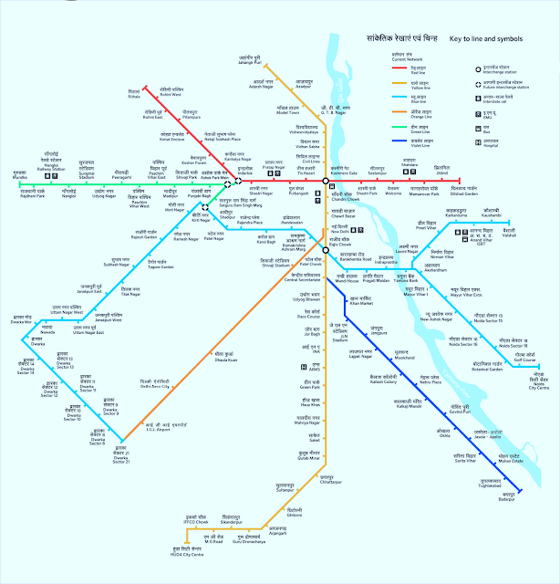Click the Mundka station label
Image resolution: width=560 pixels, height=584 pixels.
pos(19,174)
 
